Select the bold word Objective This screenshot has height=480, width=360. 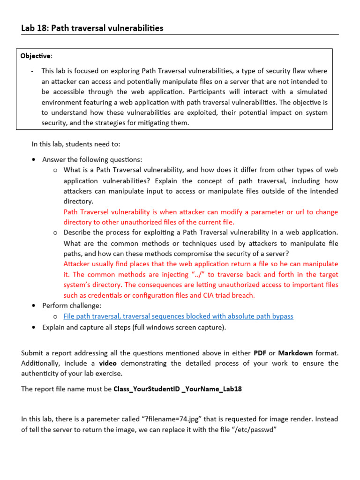(x=36, y=56)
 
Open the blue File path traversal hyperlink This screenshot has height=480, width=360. (x=178, y=316)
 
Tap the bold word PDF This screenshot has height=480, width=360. (x=260, y=352)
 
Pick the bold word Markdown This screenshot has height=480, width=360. (x=293, y=352)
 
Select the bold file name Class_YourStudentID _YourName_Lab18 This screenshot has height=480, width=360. (x=178, y=389)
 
